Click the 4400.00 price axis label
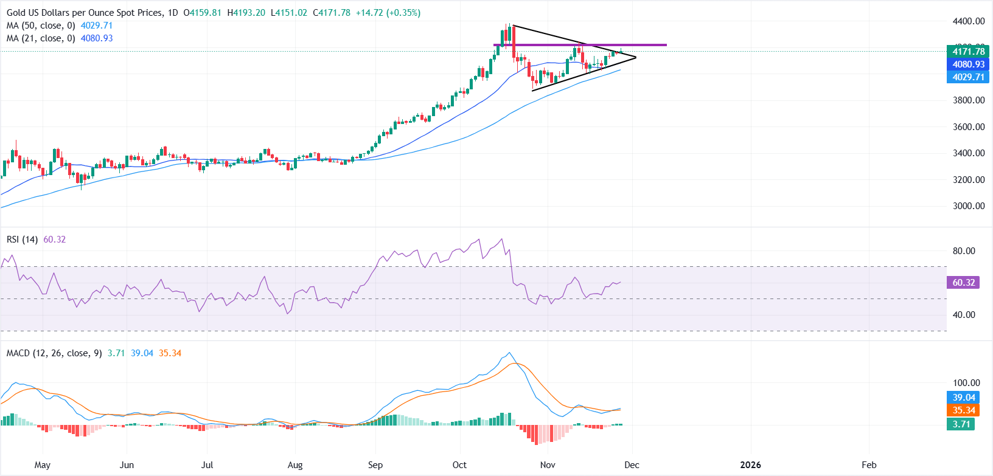click(969, 21)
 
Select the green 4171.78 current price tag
click(969, 52)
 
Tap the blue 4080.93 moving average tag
click(969, 64)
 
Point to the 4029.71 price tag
click(969, 77)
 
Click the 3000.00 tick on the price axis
click(969, 206)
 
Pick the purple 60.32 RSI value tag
click(963, 283)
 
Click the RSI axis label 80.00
click(964, 251)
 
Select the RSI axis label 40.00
click(964, 315)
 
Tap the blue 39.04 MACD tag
click(963, 398)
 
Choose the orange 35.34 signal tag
click(963, 410)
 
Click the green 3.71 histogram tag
click(961, 424)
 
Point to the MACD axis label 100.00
click(966, 383)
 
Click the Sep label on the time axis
click(375, 465)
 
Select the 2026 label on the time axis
click(750, 465)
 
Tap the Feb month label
click(869, 465)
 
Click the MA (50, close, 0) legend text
click(41, 26)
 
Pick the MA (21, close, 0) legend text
click(41, 38)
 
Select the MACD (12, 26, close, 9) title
click(54, 353)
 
